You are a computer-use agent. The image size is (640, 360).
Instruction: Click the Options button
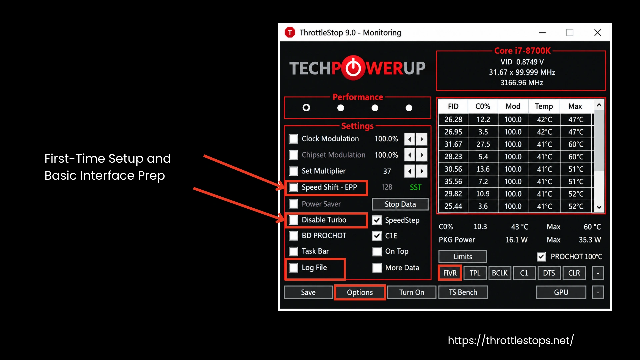click(x=360, y=292)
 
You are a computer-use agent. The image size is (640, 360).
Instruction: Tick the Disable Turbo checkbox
click(x=293, y=220)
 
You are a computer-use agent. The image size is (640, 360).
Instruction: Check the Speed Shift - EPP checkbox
click(x=293, y=187)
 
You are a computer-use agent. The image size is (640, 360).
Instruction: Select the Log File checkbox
click(x=293, y=268)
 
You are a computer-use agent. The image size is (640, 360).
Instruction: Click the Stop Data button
click(x=400, y=204)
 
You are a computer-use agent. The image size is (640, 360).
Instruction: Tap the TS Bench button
click(x=463, y=292)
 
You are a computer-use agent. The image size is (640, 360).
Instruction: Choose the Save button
click(x=308, y=292)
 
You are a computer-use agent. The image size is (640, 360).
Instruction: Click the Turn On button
click(x=412, y=292)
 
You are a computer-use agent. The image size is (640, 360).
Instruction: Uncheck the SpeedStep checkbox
click(x=377, y=220)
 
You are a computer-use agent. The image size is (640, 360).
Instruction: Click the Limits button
click(x=463, y=256)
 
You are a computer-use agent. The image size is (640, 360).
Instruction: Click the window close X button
click(x=598, y=33)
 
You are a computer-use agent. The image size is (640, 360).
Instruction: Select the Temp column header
click(x=544, y=106)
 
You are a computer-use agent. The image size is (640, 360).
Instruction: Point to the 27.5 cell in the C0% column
click(x=483, y=144)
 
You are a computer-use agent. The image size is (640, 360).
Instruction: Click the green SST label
click(x=416, y=187)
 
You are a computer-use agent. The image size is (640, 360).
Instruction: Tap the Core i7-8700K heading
click(x=522, y=51)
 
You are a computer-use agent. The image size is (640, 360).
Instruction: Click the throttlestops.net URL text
click(x=511, y=340)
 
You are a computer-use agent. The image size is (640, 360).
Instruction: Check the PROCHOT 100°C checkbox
click(x=541, y=256)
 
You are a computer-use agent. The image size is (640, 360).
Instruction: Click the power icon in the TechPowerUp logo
click(x=353, y=68)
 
